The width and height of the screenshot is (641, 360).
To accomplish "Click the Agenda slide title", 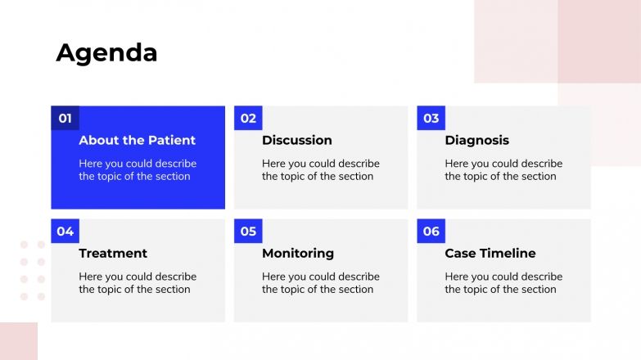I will tap(106, 53).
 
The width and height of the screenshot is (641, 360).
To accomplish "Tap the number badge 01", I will tap(65, 119).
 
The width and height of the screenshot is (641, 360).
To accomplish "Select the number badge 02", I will tap(248, 119).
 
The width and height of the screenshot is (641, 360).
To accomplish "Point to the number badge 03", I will tap(431, 119).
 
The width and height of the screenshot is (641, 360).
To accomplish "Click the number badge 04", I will tap(65, 232).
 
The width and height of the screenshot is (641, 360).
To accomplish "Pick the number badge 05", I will tap(248, 232).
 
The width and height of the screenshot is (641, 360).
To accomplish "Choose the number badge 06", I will tap(431, 232).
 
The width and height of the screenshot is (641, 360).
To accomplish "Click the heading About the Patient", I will tap(137, 141).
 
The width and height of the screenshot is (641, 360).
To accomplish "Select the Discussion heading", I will tap(296, 141).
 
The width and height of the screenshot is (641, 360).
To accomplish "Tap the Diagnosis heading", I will tap(476, 141).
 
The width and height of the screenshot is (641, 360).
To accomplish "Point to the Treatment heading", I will tap(113, 254).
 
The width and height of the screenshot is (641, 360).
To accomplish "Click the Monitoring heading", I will tap(298, 254).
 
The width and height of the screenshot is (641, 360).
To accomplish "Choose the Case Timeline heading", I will tap(490, 254).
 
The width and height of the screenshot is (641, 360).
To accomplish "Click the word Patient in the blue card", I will tap(173, 141).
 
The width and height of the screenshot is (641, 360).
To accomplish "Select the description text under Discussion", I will tap(320, 170).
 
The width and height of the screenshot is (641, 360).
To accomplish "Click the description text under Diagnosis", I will tap(503, 170).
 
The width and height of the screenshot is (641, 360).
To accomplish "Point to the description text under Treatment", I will tap(138, 283).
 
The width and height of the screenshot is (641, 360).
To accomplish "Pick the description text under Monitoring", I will tap(320, 283).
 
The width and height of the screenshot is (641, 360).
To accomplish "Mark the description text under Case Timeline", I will tap(503, 283).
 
